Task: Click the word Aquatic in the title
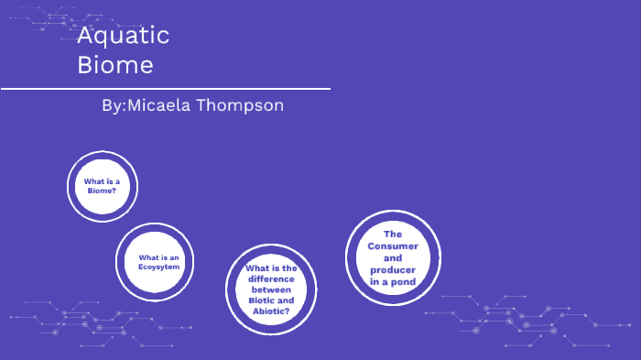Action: pyautogui.click(x=124, y=37)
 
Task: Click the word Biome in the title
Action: pyautogui.click(x=115, y=66)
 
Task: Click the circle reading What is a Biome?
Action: pyautogui.click(x=102, y=186)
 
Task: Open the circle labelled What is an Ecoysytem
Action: pyautogui.click(x=153, y=261)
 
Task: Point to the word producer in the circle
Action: pyautogui.click(x=393, y=270)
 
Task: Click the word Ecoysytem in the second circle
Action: pyautogui.click(x=158, y=267)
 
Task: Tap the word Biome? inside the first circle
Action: pyautogui.click(x=102, y=191)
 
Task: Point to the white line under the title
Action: pyautogui.click(x=165, y=89)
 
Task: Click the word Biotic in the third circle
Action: pyautogui.click(x=259, y=300)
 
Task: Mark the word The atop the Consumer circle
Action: pyautogui.click(x=394, y=235)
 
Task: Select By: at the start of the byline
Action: pyautogui.click(x=114, y=105)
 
